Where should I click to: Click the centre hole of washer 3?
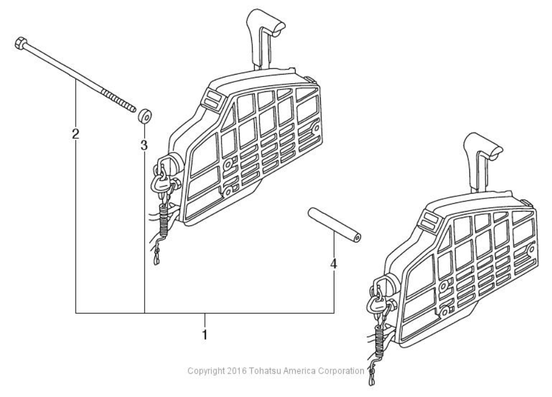145,116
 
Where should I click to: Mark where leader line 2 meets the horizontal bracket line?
76,313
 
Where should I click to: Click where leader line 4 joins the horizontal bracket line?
334,313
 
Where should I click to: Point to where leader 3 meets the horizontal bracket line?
145,313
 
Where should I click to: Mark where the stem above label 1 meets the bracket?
205,313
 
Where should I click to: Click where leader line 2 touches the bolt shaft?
76,80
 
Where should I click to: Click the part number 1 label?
205,334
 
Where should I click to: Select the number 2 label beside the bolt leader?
76,134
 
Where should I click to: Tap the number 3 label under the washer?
144,145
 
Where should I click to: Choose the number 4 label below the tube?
334,263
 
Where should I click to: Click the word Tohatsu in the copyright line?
266,371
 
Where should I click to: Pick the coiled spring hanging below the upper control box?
164,220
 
